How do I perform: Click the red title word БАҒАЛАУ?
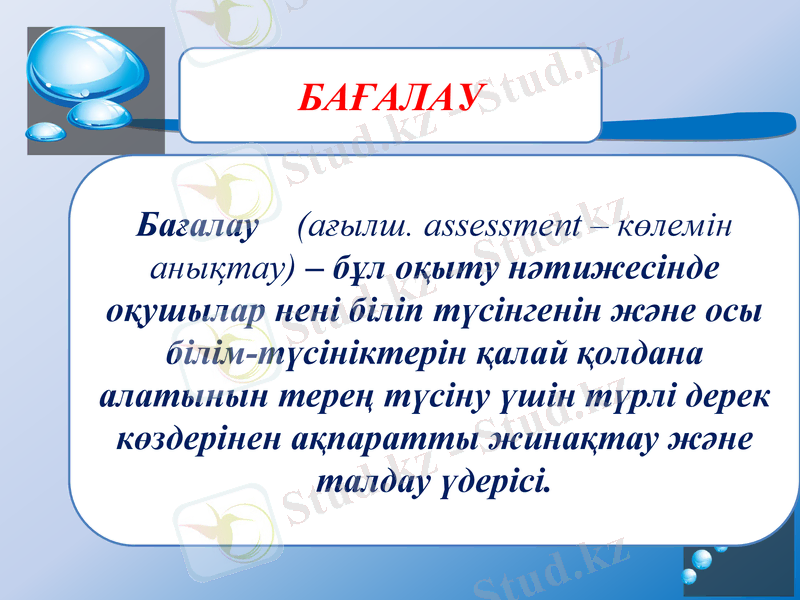(391, 97)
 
